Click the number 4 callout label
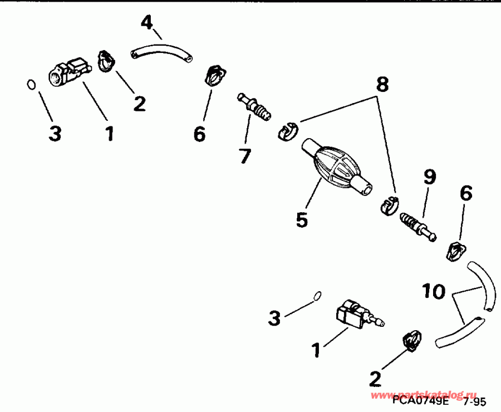click(x=146, y=23)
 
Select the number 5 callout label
click(x=302, y=219)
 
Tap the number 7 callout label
click(x=245, y=156)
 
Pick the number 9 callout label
click(x=430, y=177)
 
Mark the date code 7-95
click(x=473, y=401)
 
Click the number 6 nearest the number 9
click(x=466, y=193)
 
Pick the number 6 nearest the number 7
click(x=199, y=134)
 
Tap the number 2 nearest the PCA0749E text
click(x=375, y=379)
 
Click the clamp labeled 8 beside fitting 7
click(x=287, y=131)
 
